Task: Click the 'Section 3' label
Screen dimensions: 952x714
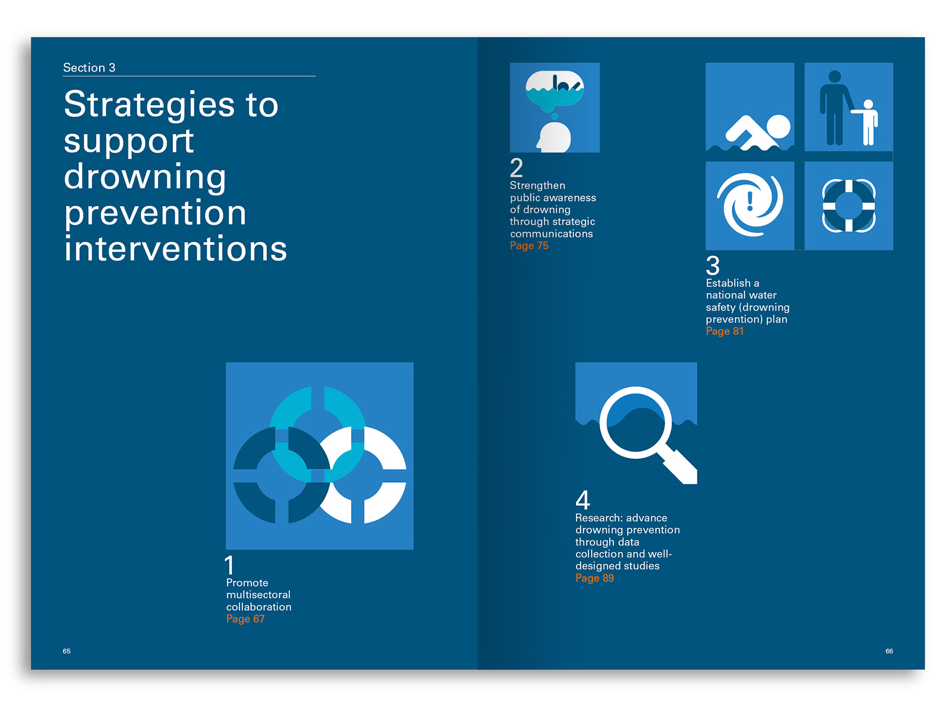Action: pos(89,67)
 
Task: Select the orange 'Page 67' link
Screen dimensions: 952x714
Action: pos(245,619)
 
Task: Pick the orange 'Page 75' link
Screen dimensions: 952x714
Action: pos(529,245)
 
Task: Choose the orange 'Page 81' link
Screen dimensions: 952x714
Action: pos(724,331)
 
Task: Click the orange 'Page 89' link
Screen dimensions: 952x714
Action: pos(595,578)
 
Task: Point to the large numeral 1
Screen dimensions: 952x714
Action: pos(229,565)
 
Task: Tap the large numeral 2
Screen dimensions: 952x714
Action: pos(516,168)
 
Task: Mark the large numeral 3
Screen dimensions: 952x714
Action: pos(713,265)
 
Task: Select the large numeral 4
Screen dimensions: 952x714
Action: pos(583,500)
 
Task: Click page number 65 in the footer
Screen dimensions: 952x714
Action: pos(66,651)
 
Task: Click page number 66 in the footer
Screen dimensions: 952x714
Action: pos(889,651)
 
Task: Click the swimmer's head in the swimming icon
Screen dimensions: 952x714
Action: pos(778,126)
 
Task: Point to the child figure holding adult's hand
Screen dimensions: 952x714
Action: pos(867,122)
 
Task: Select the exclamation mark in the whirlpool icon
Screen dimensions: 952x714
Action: pos(750,202)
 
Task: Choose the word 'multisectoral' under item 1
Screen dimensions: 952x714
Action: pos(258,595)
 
